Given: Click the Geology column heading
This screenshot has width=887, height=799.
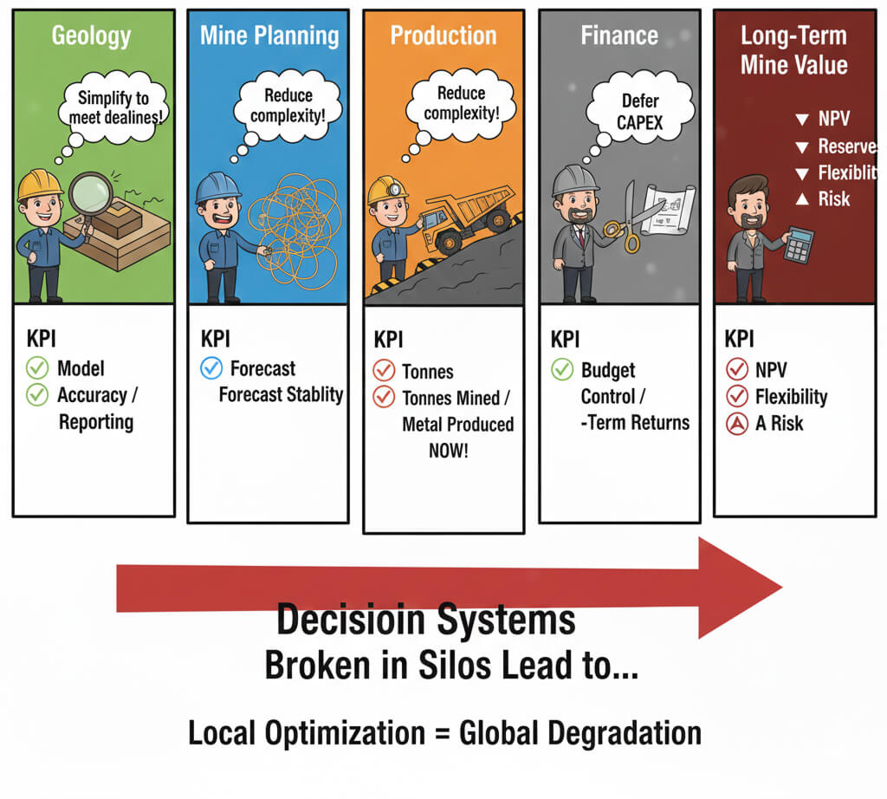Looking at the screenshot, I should coord(91,36).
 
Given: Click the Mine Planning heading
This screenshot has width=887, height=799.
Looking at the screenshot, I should coord(269,36).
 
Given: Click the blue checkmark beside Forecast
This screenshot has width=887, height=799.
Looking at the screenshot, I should coord(211,369).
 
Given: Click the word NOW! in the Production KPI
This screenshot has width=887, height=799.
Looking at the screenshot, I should coord(447,451).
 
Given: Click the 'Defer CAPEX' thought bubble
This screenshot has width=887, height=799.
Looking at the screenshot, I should coord(640,110).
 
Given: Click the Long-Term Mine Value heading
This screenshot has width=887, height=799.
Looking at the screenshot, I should coord(793,50).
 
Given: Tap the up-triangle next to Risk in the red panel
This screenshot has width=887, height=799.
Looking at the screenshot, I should coord(801,199).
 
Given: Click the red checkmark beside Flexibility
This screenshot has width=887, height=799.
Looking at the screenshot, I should coord(737,397).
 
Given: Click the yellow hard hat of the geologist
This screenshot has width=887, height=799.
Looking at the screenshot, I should coord(40,184).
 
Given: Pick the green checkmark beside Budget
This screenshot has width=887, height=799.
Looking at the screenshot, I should coord(563,371).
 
